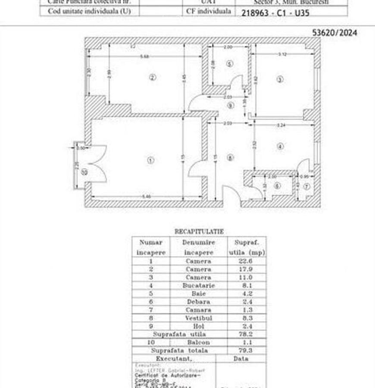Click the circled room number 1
[x=150, y=160]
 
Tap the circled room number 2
[x=152, y=78]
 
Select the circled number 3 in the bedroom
[x=280, y=79]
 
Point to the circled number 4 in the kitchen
[x=280, y=147]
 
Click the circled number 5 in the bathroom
[x=230, y=64]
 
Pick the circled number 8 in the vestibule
[x=231, y=158]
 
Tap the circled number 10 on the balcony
[x=84, y=172]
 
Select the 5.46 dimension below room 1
[x=147, y=197]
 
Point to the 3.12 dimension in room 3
[x=282, y=54]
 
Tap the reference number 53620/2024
[x=334, y=32]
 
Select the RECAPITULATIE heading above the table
[x=199, y=232]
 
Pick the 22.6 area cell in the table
[x=246, y=261]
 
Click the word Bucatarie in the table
[x=198, y=285]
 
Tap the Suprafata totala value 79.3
[x=246, y=350]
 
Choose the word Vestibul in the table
[x=198, y=318]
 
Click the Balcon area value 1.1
[x=246, y=342]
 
